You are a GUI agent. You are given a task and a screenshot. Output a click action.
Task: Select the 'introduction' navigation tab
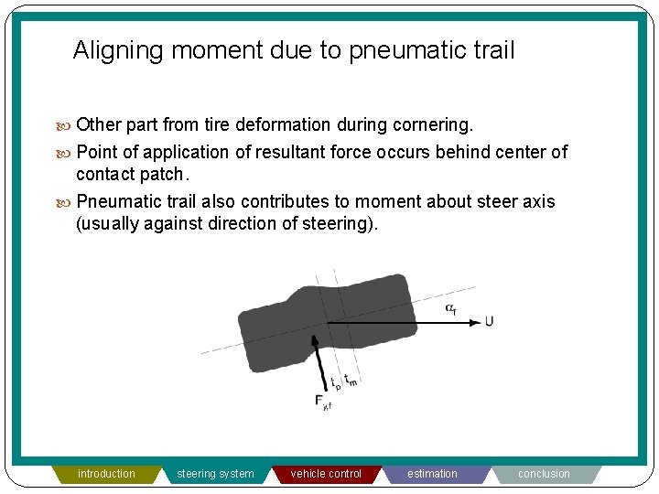(x=106, y=474)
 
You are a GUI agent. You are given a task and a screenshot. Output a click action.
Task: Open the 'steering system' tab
(x=215, y=474)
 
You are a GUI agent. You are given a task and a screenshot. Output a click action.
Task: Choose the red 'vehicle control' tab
(x=326, y=474)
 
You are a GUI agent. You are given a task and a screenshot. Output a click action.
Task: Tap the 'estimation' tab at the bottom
(x=432, y=474)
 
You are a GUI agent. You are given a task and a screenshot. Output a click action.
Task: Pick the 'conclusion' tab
(x=544, y=474)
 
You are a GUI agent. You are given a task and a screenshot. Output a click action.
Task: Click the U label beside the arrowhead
(x=489, y=321)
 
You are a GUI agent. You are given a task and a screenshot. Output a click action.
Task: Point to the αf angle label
(x=451, y=308)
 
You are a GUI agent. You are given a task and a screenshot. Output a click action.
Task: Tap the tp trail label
(x=335, y=384)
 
